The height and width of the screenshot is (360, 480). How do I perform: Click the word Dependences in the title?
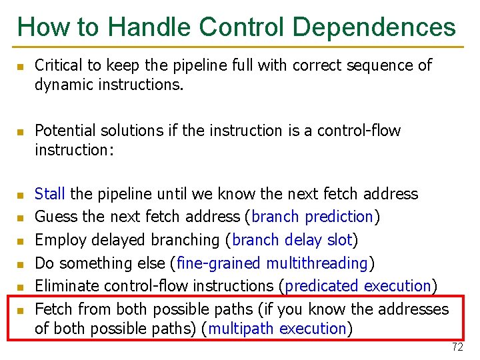[x=374, y=27]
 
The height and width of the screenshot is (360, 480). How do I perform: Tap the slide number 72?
[x=457, y=347]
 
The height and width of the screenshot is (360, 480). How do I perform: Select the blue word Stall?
[x=49, y=194]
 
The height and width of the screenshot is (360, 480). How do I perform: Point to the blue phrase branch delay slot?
[x=293, y=240]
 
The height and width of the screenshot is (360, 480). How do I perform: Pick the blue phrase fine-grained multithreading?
[x=273, y=263]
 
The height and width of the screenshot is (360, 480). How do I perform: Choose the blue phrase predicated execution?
[x=357, y=286]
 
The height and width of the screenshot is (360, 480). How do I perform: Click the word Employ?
[x=57, y=240]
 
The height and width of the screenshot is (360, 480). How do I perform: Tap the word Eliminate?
[x=65, y=286]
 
